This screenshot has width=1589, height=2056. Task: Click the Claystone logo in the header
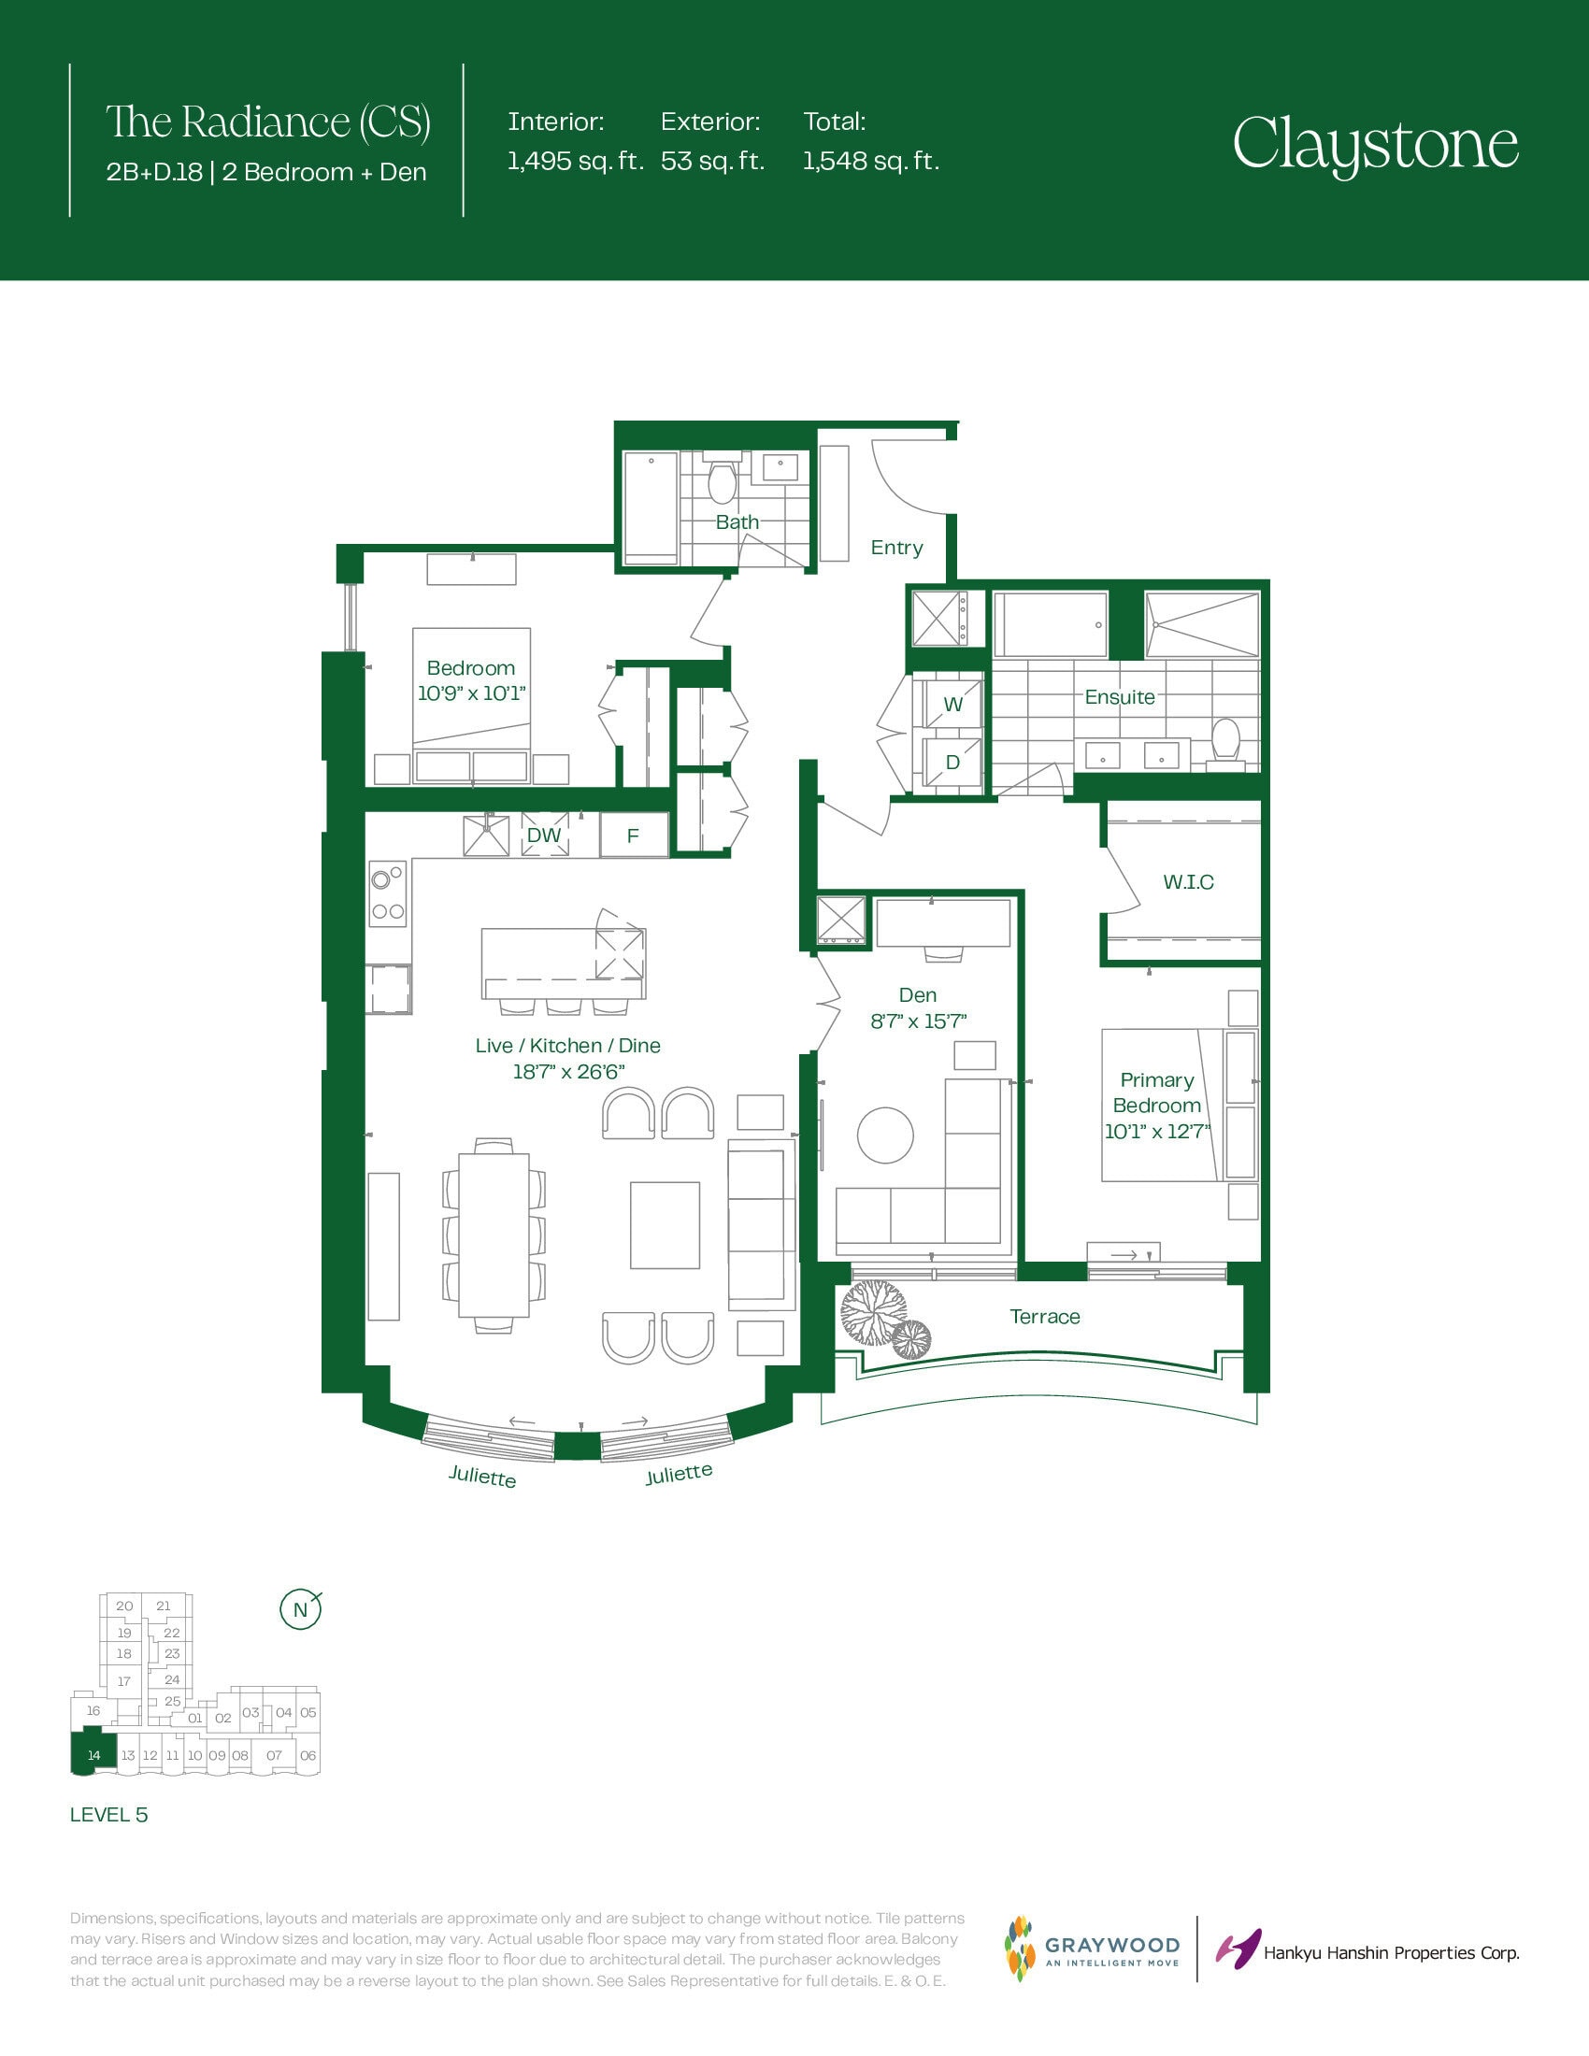pyautogui.click(x=1375, y=144)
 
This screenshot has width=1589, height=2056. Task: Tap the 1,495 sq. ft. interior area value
pyautogui.click(x=575, y=161)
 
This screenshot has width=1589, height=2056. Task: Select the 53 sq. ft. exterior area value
pyautogui.click(x=712, y=161)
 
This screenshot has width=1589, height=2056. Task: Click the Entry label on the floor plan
pyautogui.click(x=896, y=548)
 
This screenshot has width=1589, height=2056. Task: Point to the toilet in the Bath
pyautogui.click(x=722, y=480)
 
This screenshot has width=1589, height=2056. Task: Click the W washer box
pyautogui.click(x=952, y=703)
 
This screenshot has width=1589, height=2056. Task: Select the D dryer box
pyautogui.click(x=952, y=762)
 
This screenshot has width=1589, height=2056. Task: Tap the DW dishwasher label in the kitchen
pyautogui.click(x=544, y=835)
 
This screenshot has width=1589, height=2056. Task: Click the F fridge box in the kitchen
pyautogui.click(x=634, y=835)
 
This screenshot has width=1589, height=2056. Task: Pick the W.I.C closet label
pyautogui.click(x=1188, y=882)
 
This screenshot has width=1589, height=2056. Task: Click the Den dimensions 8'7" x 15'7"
pyautogui.click(x=919, y=1021)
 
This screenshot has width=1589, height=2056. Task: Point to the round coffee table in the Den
pyautogui.click(x=885, y=1135)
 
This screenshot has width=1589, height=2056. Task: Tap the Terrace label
pyautogui.click(x=1045, y=1317)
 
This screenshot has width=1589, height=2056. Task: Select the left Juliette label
pyautogui.click(x=482, y=1476)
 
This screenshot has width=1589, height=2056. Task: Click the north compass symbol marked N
pyautogui.click(x=301, y=1610)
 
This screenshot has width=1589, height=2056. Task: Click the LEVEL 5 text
pyautogui.click(x=109, y=1815)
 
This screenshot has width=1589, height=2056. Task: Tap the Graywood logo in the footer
pyautogui.click(x=1092, y=1949)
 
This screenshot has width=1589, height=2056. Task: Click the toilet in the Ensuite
pyautogui.click(x=1225, y=742)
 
